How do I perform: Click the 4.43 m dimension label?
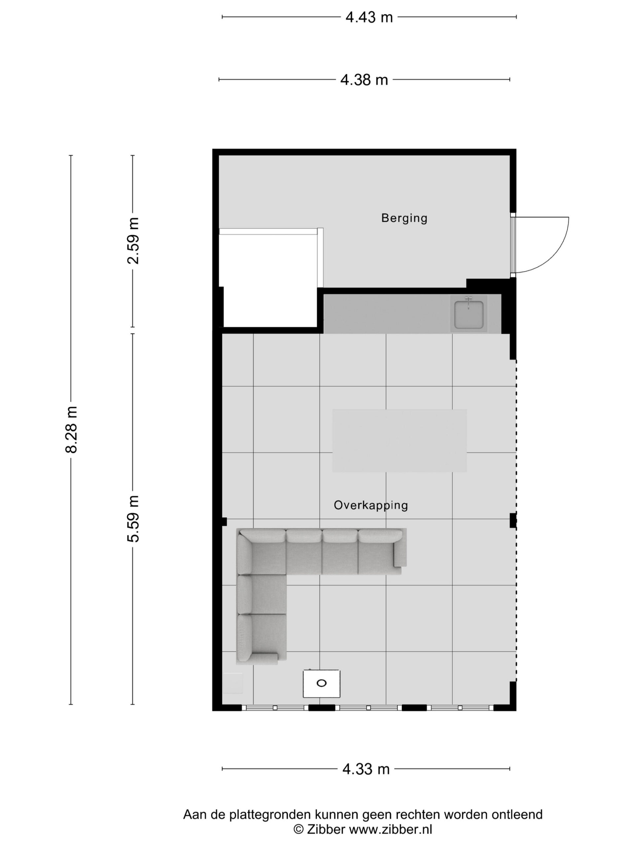pyautogui.click(x=369, y=17)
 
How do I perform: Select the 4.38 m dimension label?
pyautogui.click(x=364, y=80)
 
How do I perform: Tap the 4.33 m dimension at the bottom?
pyautogui.click(x=366, y=769)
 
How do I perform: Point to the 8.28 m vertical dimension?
pyautogui.click(x=71, y=430)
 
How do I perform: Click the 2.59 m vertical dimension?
pyautogui.click(x=133, y=241)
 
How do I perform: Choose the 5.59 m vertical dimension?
pyautogui.click(x=133, y=519)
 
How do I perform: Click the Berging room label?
pyautogui.click(x=404, y=218)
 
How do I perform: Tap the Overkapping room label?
pyautogui.click(x=371, y=505)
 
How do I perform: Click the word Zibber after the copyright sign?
pyautogui.click(x=326, y=829)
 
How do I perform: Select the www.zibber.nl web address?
pyautogui.click(x=391, y=829)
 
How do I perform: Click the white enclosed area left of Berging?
pyautogui.click(x=270, y=281)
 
